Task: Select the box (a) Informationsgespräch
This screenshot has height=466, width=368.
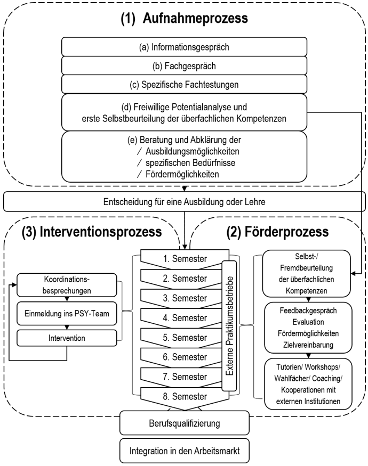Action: pyautogui.click(x=183, y=47)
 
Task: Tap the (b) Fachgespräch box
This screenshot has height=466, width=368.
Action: pyautogui.click(x=183, y=66)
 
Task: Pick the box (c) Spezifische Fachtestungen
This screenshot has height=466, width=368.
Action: pyautogui.click(x=183, y=84)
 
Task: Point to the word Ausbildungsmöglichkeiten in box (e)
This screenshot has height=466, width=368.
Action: pyautogui.click(x=193, y=151)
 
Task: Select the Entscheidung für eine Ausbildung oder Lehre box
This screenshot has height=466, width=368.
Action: pyautogui.click(x=183, y=202)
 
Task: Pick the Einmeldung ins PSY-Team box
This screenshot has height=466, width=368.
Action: pyautogui.click(x=67, y=313)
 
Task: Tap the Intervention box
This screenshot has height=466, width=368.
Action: pyautogui.click(x=67, y=338)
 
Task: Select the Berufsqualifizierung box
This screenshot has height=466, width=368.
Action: pyautogui.click(x=183, y=423)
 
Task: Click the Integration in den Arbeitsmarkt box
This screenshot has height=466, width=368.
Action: pyautogui.click(x=183, y=451)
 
